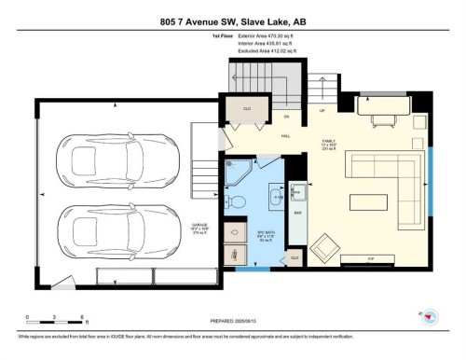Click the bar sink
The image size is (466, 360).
click(298, 193)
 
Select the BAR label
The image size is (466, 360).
click(297, 213)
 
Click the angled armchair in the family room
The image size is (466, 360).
click(325, 247)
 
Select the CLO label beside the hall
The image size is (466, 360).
click(248, 110)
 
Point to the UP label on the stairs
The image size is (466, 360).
click(323, 109)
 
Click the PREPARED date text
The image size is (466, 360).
click(235, 321)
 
